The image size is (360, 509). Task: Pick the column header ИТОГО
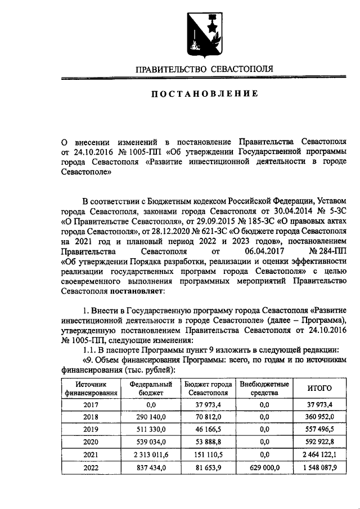(319, 388)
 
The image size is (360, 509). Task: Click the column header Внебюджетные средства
(264, 388)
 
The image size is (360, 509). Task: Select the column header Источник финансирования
(91, 388)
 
